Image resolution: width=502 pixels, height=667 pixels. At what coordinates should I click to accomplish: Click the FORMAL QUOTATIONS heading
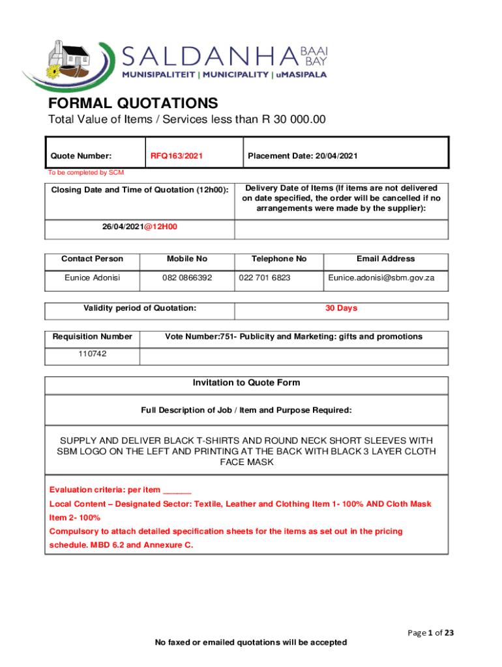pyautogui.click(x=133, y=104)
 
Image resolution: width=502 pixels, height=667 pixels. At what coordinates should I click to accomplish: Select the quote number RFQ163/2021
pyautogui.click(x=177, y=156)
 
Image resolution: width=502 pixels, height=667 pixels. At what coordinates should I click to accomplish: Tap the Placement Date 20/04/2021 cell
pyautogui.click(x=303, y=156)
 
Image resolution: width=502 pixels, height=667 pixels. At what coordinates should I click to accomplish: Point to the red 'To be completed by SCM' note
pyautogui.click(x=85, y=173)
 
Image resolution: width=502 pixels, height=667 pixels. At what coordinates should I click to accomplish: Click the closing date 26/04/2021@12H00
pyautogui.click(x=140, y=227)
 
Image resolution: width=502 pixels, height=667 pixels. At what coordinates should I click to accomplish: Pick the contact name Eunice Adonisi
pyautogui.click(x=92, y=278)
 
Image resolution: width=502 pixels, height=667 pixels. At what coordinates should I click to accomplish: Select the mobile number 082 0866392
pyautogui.click(x=187, y=278)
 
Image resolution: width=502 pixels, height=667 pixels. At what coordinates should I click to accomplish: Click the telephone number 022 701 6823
pyautogui.click(x=265, y=278)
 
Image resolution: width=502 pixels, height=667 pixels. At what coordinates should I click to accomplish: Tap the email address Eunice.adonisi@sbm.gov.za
pyautogui.click(x=381, y=278)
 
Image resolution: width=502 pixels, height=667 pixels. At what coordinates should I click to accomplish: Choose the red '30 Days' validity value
pyautogui.click(x=341, y=308)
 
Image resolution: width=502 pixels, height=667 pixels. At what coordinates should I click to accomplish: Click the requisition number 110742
pyautogui.click(x=92, y=354)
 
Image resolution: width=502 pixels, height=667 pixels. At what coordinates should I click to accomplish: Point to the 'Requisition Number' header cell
pyautogui.click(x=92, y=337)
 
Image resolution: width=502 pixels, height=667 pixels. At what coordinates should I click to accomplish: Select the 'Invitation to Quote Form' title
pyautogui.click(x=246, y=383)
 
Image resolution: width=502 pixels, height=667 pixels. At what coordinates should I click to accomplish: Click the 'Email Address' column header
pyautogui.click(x=385, y=259)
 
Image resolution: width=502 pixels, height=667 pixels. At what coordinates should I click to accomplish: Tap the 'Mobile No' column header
pyautogui.click(x=187, y=259)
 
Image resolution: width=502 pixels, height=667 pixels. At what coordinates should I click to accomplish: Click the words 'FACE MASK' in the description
pyautogui.click(x=246, y=462)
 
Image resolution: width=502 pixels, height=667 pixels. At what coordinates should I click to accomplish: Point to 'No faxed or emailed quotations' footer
pyautogui.click(x=250, y=642)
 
